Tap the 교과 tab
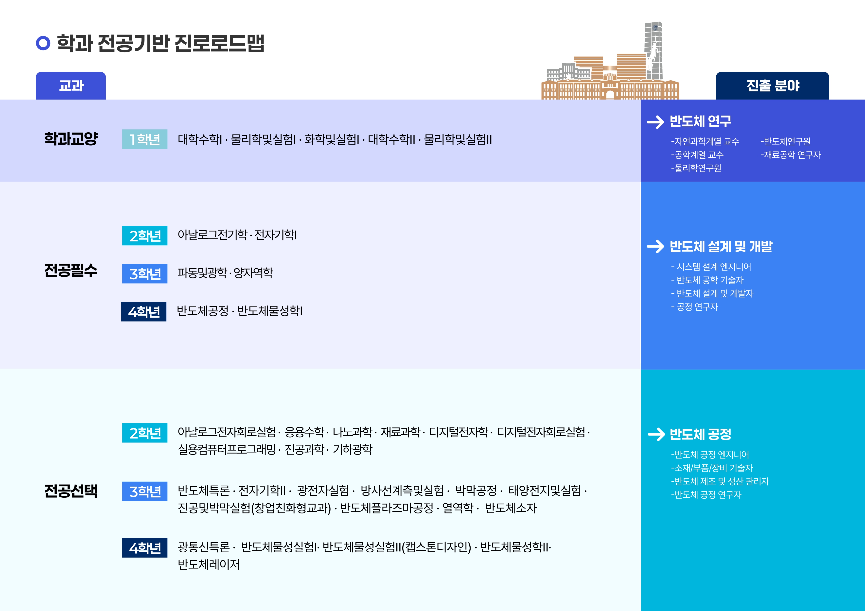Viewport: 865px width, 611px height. click(x=71, y=86)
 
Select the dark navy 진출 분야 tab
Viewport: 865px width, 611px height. click(x=772, y=86)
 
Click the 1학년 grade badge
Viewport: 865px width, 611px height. click(x=145, y=139)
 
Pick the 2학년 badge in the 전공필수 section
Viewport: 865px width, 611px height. click(x=145, y=236)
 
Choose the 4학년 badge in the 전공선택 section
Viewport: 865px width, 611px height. click(x=145, y=548)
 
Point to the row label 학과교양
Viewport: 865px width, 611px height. click(x=71, y=138)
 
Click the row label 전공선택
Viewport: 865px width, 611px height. click(x=71, y=491)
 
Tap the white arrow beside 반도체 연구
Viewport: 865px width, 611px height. click(x=655, y=122)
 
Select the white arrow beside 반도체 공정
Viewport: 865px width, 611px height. click(x=656, y=434)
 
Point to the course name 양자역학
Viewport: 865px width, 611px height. click(x=253, y=272)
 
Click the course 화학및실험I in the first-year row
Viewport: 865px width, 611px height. click(x=332, y=139)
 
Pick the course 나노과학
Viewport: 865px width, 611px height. click(x=352, y=432)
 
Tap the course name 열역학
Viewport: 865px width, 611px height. click(x=457, y=508)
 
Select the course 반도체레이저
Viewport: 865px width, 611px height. click(x=209, y=564)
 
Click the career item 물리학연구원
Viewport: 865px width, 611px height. click(x=696, y=168)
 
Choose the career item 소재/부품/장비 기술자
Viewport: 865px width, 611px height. click(x=712, y=468)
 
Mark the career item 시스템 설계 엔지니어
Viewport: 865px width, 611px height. click(x=711, y=267)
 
